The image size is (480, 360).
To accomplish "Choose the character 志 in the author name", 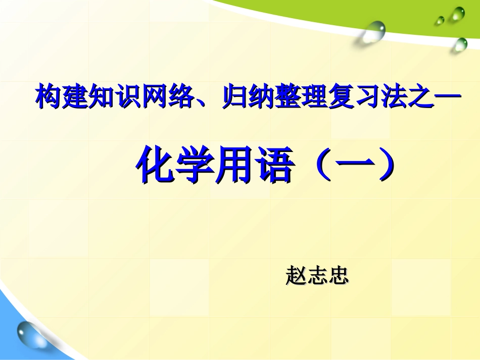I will (318, 276).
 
